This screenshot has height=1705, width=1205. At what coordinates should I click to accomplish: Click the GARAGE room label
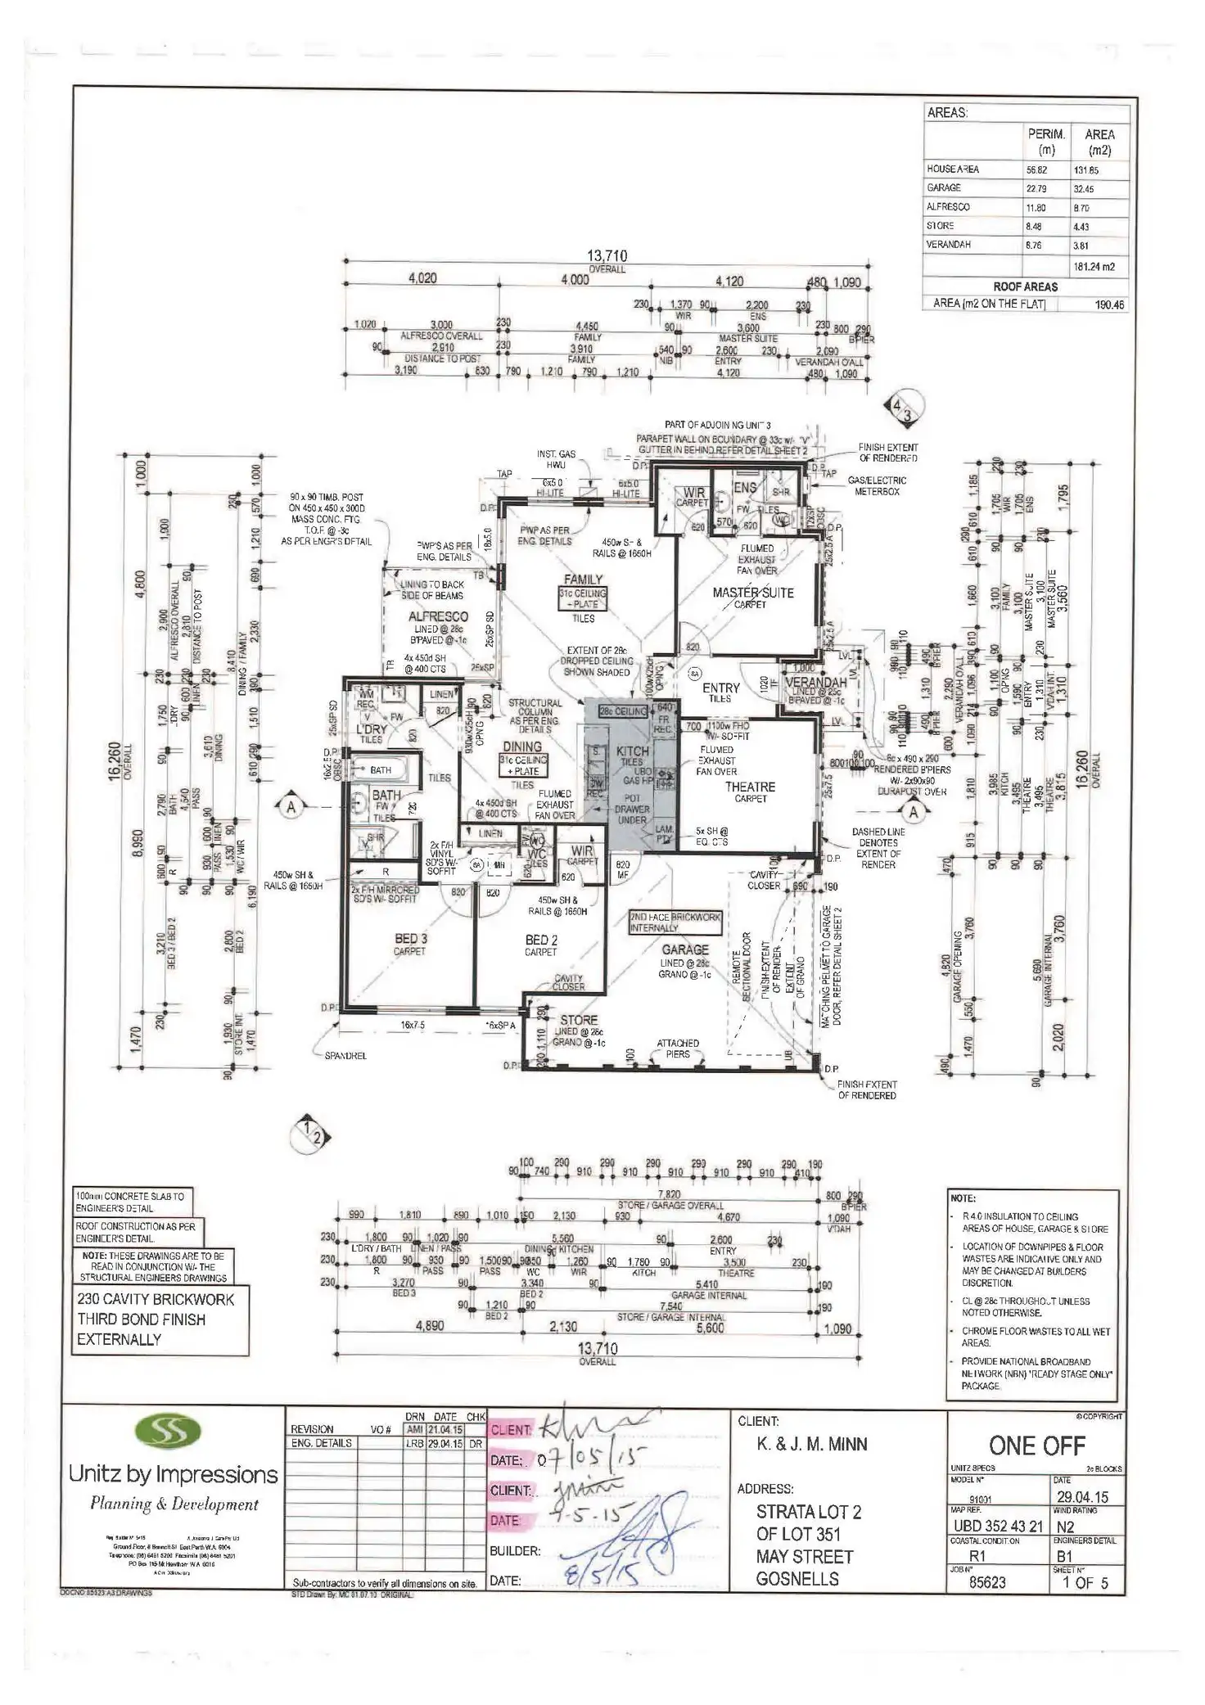685,949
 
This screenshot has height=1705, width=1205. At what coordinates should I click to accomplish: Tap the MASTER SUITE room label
753,592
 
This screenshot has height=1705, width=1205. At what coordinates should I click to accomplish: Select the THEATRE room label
750,787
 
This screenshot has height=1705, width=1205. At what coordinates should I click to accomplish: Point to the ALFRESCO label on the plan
438,616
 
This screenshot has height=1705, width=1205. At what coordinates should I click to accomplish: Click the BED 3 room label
411,939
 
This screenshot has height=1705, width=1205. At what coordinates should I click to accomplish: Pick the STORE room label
579,1020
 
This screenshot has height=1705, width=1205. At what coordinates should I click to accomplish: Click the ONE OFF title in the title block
1037,1446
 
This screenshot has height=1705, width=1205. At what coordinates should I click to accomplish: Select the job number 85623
987,1583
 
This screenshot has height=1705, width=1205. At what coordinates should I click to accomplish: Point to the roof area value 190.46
1110,304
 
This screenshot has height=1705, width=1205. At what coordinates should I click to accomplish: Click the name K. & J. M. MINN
812,1445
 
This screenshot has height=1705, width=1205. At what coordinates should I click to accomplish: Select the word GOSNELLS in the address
797,1579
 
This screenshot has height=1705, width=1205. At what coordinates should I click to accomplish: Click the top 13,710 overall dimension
607,256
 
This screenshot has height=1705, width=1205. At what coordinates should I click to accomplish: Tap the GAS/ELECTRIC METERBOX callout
877,485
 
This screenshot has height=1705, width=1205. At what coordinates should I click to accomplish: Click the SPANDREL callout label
345,1056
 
